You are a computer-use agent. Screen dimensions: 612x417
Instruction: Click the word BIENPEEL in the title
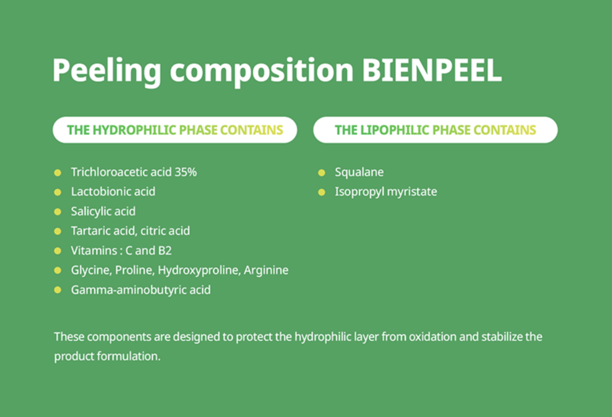432,70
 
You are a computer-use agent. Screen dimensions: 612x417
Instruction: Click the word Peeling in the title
107,71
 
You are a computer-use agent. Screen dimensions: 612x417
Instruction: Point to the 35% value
186,172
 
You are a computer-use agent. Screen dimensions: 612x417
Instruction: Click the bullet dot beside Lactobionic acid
57,192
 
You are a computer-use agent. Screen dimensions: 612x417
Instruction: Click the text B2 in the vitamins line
165,250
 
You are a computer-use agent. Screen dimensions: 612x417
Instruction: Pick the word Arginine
266,270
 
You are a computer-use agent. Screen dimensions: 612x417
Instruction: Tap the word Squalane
359,172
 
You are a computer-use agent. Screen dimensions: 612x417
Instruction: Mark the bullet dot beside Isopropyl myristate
322,192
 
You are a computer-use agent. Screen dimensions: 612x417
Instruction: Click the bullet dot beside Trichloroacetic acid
57,172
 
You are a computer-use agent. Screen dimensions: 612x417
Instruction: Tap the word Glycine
91,270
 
